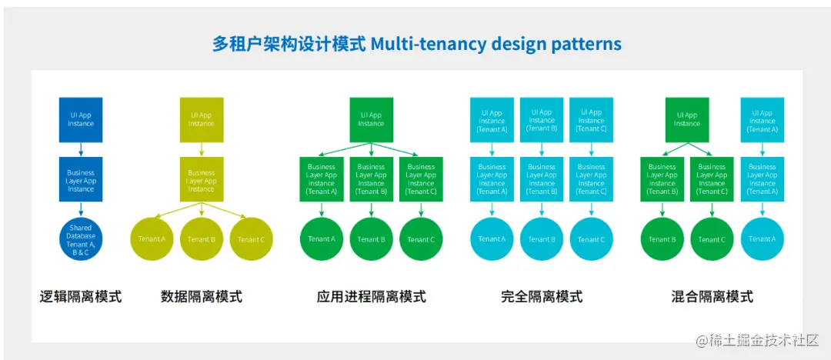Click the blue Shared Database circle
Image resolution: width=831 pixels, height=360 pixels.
[x=81, y=239]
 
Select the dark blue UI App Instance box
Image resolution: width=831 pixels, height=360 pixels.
[x=81, y=119]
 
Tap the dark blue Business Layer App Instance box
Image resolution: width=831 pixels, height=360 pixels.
[x=81, y=179]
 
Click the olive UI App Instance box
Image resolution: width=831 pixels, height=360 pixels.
[x=202, y=119]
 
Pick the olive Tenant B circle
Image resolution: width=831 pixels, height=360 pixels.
[x=202, y=239]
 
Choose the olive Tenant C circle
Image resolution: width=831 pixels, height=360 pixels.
[x=251, y=239]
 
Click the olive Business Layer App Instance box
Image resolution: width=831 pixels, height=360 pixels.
[x=202, y=179]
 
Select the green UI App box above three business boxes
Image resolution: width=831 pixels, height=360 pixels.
[x=371, y=119]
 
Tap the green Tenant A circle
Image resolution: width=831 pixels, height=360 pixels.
[x=322, y=239]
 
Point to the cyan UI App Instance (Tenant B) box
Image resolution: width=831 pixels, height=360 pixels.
[x=542, y=119]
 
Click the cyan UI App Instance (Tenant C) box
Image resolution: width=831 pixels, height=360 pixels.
[x=592, y=119]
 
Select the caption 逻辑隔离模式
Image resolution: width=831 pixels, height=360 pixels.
[x=81, y=296]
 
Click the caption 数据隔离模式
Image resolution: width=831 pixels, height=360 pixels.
[x=202, y=296]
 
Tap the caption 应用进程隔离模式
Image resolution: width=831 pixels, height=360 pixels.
[x=371, y=296]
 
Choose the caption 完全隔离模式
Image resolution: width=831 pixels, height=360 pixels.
[x=542, y=296]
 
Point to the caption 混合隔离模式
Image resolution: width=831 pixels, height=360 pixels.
[x=712, y=296]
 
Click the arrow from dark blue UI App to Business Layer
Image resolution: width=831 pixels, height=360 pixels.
[x=81, y=149]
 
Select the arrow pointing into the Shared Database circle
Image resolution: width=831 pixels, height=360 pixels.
[x=81, y=209]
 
